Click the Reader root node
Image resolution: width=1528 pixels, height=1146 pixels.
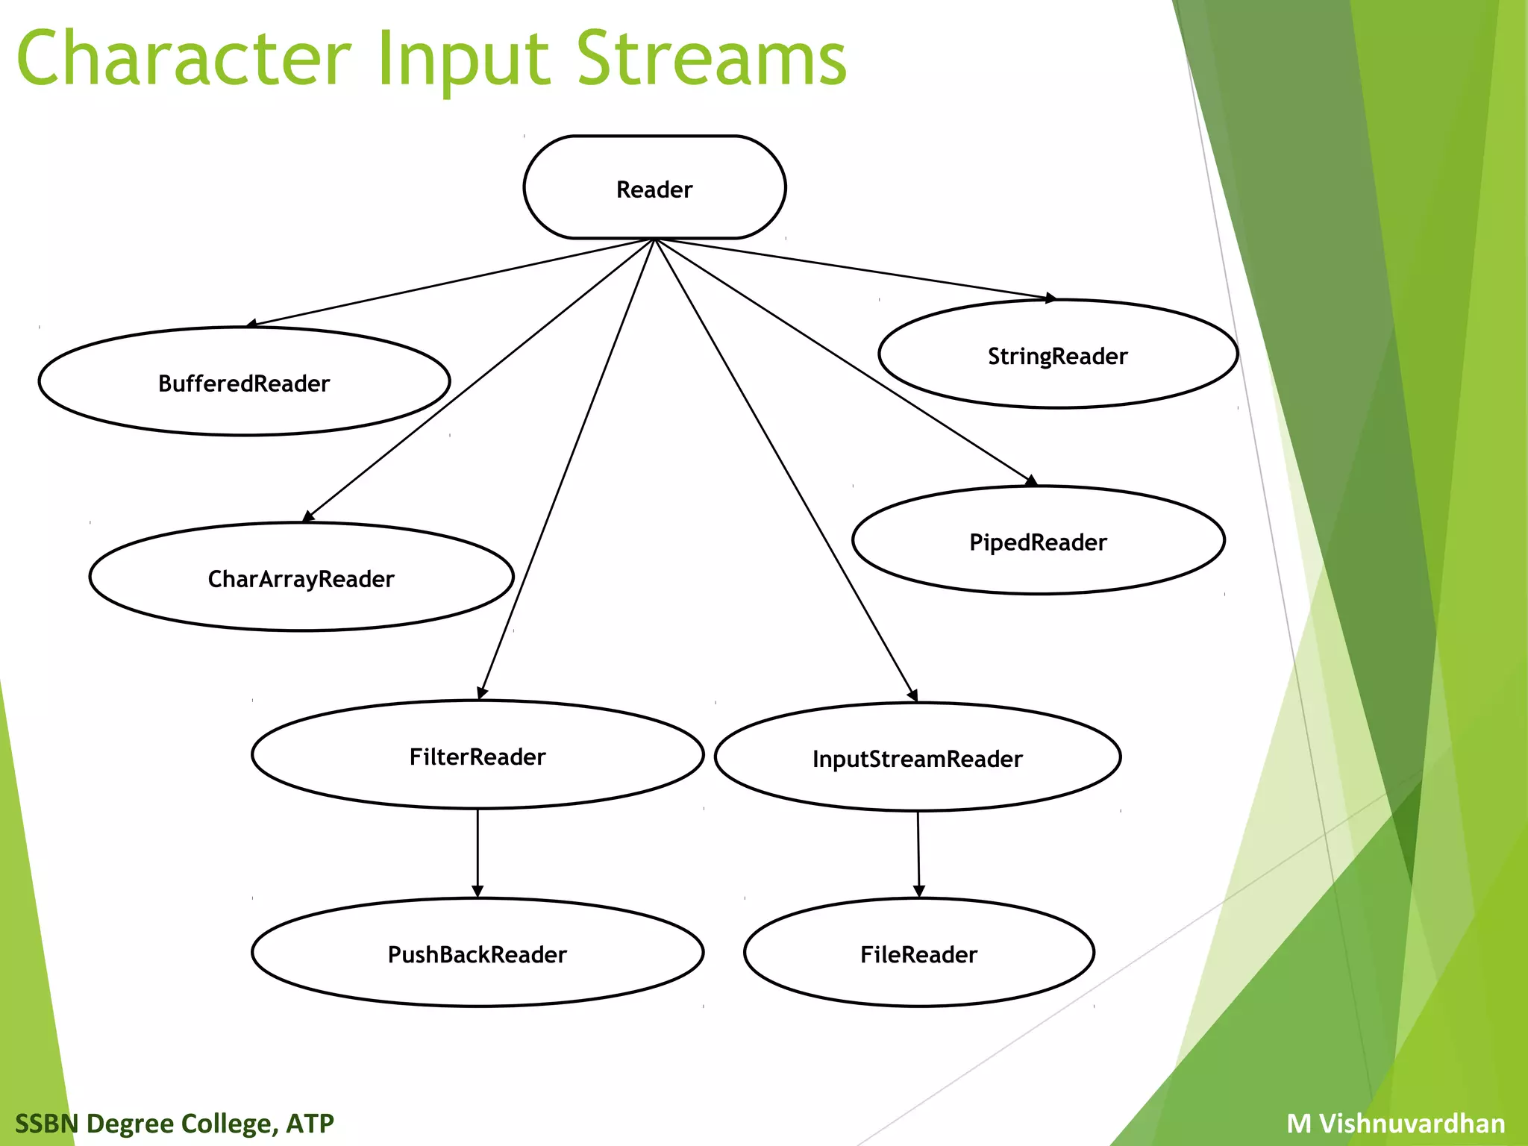point(654,188)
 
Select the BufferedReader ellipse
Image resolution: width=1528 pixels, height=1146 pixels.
point(244,382)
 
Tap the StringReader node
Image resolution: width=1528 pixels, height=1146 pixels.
point(1057,355)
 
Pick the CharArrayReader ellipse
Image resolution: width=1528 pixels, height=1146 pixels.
point(301,577)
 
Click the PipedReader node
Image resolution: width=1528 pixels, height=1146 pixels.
point(1037,541)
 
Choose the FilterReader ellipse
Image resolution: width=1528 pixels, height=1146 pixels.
point(477,755)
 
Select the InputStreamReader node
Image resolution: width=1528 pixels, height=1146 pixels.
point(917,757)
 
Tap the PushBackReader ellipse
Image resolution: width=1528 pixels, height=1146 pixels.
point(477,953)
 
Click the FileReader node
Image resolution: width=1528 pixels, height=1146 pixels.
point(918,953)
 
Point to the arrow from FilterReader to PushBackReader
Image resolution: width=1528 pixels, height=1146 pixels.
point(477,851)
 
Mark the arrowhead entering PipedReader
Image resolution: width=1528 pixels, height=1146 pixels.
point(1031,481)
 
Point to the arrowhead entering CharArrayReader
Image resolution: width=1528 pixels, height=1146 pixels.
point(308,516)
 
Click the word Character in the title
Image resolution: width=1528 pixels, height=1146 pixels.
point(184,58)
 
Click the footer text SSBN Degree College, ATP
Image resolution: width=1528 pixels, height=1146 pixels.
point(175,1123)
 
